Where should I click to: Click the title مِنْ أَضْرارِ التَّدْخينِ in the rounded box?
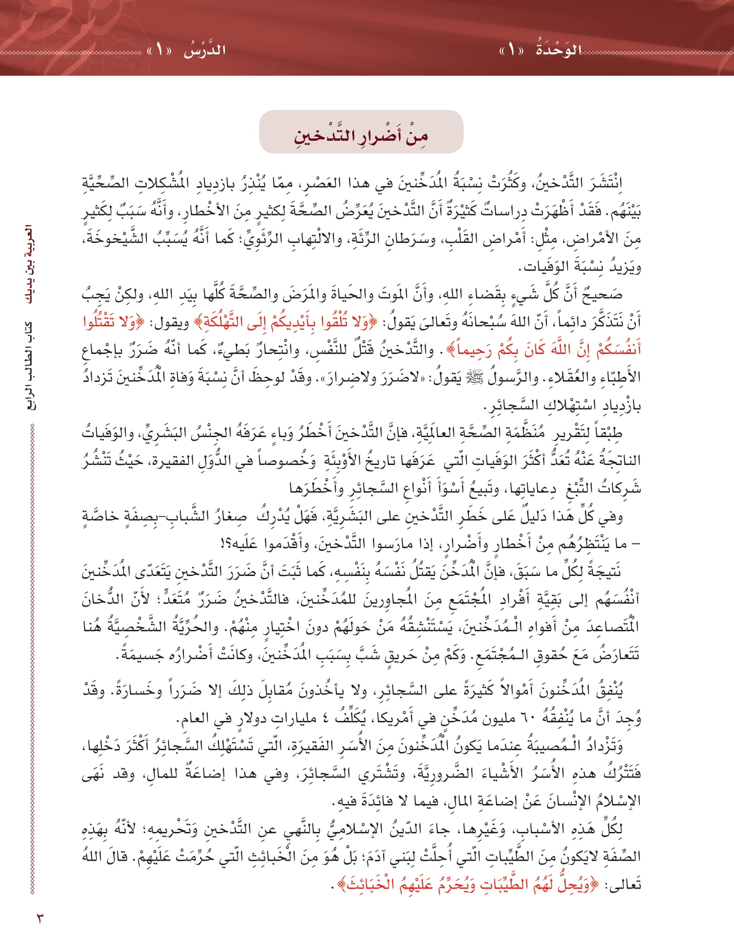point(361,135)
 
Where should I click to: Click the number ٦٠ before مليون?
point(534,720)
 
